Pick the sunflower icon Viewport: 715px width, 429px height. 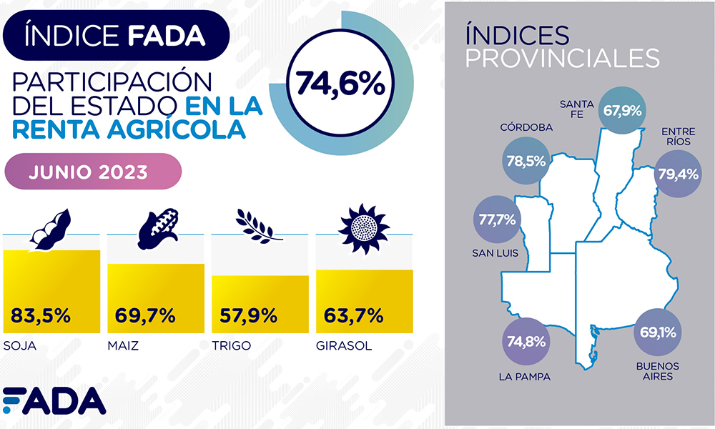(x=364, y=225)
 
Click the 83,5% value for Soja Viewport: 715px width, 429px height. (x=41, y=315)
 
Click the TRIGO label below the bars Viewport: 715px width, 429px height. (x=230, y=347)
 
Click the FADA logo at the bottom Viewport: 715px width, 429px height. (x=54, y=402)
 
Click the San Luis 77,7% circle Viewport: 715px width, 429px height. (x=497, y=220)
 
